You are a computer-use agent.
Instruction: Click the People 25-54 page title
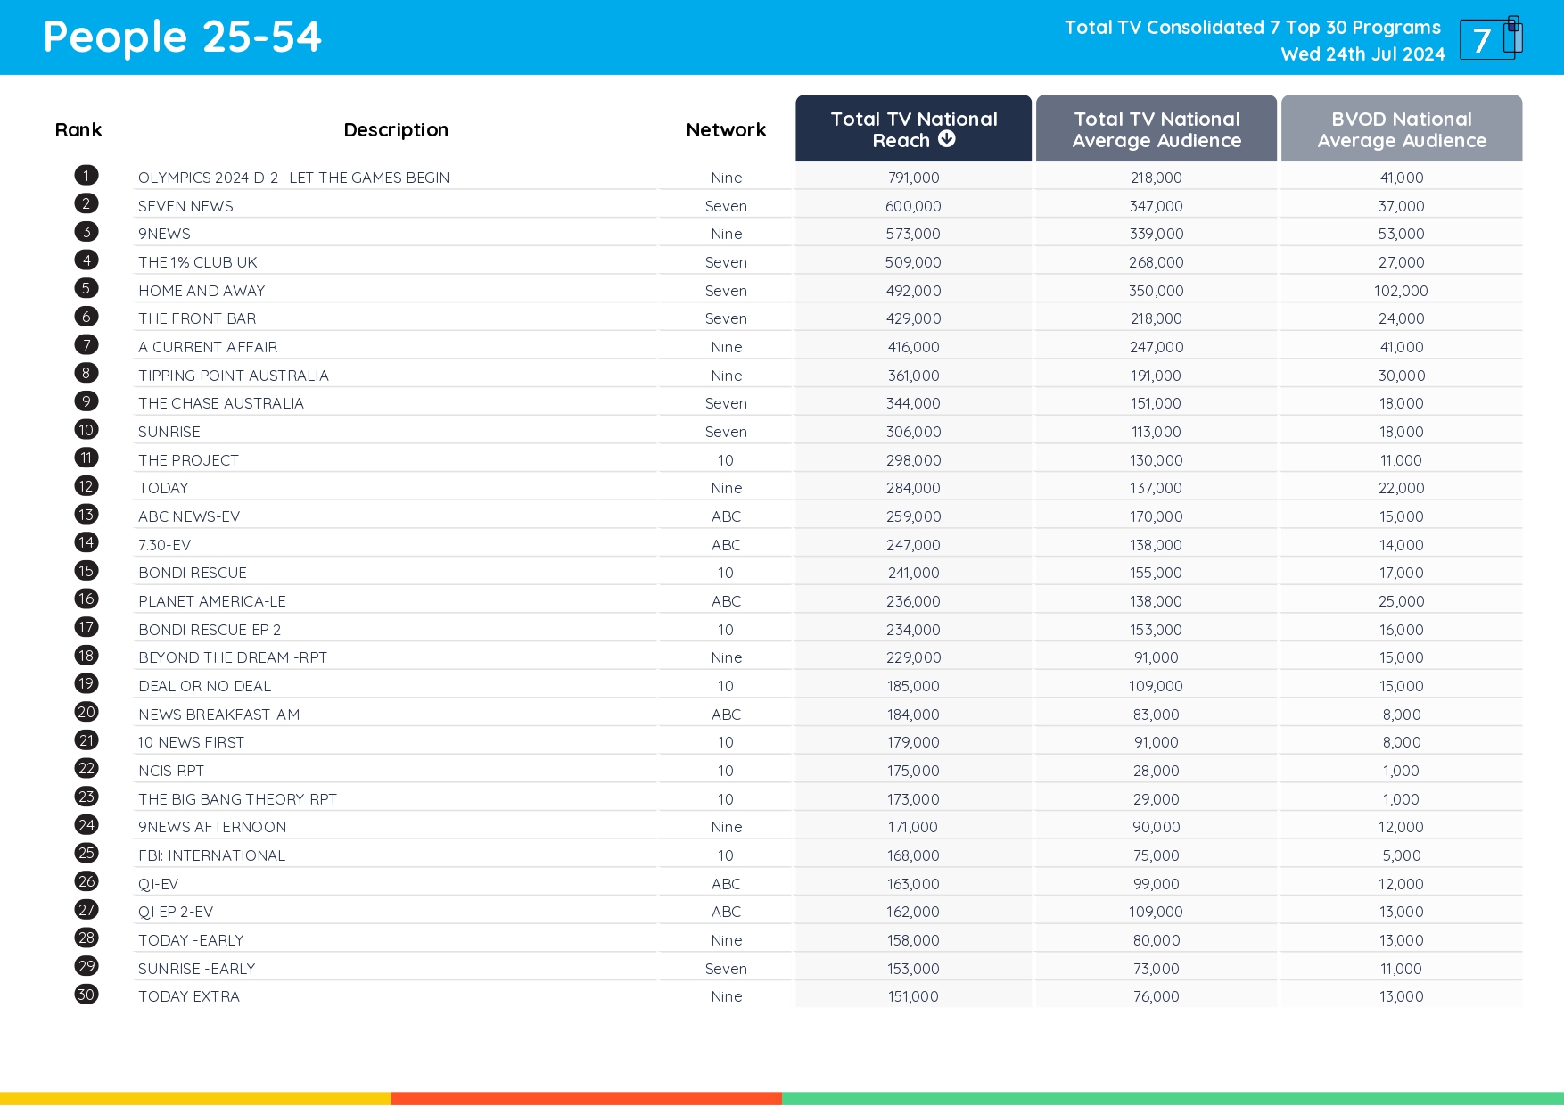pyautogui.click(x=182, y=37)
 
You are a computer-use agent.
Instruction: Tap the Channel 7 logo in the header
pyautogui.click(x=1490, y=38)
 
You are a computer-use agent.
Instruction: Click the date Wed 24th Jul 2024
pyautogui.click(x=1362, y=54)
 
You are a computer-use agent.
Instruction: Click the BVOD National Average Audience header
pyautogui.click(x=1401, y=129)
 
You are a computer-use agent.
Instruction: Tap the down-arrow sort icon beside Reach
pyautogui.click(x=947, y=139)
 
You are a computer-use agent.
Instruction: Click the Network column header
pyautogui.click(x=726, y=130)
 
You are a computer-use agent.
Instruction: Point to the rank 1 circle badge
pyautogui.click(x=86, y=176)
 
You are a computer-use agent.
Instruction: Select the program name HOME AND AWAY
pyautogui.click(x=202, y=291)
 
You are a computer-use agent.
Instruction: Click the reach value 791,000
pyautogui.click(x=913, y=178)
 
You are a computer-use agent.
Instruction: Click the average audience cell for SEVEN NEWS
pyautogui.click(x=1156, y=206)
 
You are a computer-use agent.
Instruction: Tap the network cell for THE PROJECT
pyautogui.click(x=726, y=460)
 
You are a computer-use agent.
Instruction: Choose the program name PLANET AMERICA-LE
pyautogui.click(x=212, y=601)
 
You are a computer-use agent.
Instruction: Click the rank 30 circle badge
pyautogui.click(x=86, y=995)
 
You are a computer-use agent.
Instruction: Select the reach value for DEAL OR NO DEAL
pyautogui.click(x=913, y=686)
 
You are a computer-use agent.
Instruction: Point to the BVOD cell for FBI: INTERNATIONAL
pyautogui.click(x=1401, y=855)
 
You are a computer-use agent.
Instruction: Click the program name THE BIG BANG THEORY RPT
pyautogui.click(x=237, y=799)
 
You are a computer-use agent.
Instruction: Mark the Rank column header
pyautogui.click(x=78, y=130)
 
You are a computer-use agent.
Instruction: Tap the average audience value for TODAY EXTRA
pyautogui.click(x=1156, y=996)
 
